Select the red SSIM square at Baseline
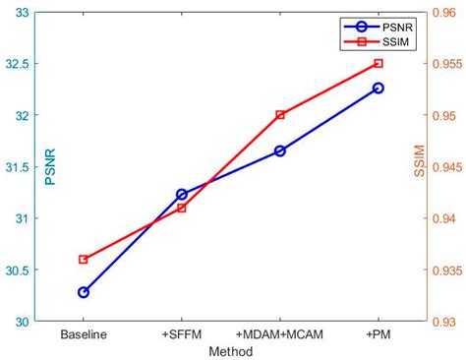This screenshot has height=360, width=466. pos(84,260)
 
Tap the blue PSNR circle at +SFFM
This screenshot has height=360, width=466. pos(182,195)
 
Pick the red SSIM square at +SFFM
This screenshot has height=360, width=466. pos(182,208)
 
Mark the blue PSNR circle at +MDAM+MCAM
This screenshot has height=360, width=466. pos(280,150)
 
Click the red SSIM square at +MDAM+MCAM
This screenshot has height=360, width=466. pos(280,115)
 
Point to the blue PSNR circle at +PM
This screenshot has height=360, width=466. pos(379,88)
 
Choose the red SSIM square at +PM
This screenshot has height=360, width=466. pos(379,63)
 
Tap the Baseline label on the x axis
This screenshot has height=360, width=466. pos(84,334)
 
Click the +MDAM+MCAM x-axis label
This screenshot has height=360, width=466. pos(280,334)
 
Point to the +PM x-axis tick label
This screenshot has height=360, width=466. pos(379,334)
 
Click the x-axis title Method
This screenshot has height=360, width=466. pos(231,350)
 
